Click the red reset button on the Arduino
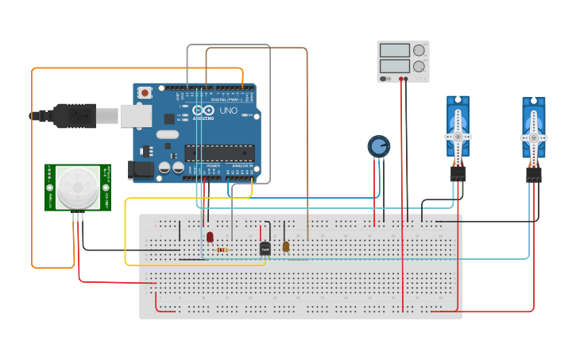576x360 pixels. (146, 93)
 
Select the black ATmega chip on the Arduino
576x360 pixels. (219, 153)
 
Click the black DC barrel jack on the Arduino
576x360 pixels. (141, 170)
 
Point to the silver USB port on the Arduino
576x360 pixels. (135, 116)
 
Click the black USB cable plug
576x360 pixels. (75, 116)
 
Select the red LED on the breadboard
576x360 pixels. (210, 237)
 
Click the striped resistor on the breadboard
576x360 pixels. (222, 250)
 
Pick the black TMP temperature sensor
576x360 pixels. (265, 249)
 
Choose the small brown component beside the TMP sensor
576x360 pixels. (286, 247)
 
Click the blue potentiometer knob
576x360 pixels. (379, 146)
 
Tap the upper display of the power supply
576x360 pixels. (394, 50)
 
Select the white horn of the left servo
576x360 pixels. (458, 136)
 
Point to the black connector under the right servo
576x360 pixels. (533, 174)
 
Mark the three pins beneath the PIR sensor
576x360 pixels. (77, 215)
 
